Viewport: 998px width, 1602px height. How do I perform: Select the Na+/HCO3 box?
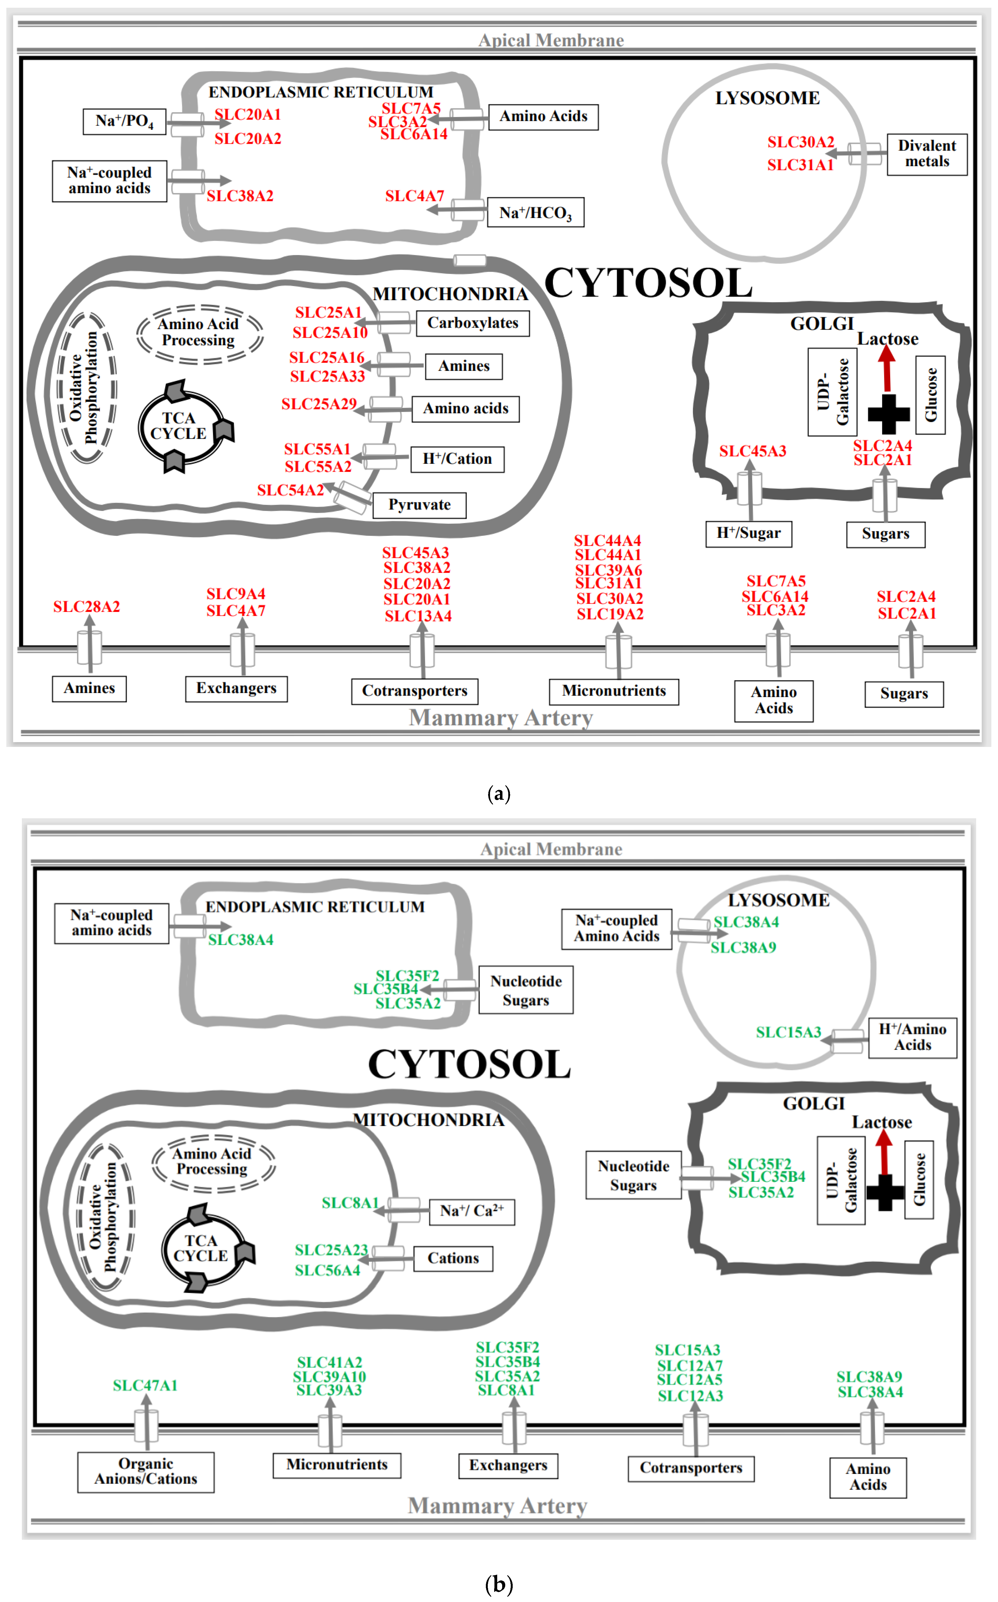coord(535,213)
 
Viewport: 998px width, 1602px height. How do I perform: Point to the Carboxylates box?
coord(473,323)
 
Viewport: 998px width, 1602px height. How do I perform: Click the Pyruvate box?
coord(419,505)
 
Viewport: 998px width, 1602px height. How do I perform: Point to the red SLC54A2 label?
coord(290,490)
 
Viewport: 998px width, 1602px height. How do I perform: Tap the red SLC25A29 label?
coord(319,404)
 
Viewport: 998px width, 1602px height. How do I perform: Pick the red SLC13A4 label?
coord(418,616)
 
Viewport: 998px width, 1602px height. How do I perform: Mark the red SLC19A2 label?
coord(610,614)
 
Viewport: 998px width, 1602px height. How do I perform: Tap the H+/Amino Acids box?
coord(912,1037)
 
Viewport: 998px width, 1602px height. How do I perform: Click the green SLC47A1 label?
coord(145,1385)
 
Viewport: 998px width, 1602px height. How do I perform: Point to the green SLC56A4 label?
coord(327,1271)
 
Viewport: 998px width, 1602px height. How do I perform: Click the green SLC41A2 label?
coord(329,1362)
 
